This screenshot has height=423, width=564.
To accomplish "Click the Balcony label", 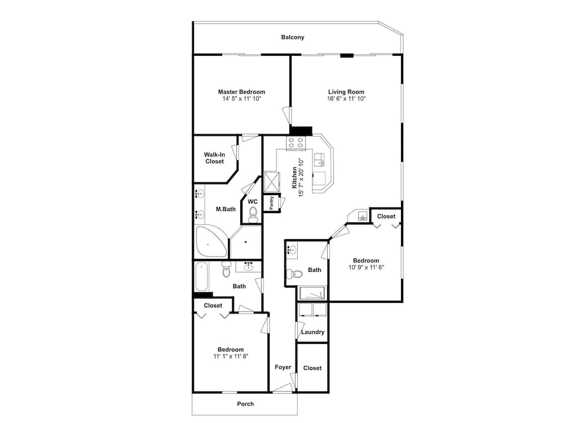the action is coord(292,37).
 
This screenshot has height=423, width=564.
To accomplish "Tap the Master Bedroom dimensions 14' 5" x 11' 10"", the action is coord(241,99).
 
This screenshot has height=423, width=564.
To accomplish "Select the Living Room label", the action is coord(346,92).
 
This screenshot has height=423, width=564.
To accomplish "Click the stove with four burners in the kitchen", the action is coord(296,143).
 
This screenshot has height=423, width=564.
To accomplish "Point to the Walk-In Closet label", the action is coord(214,158).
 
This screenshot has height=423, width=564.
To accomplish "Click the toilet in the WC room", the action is coord(253,214).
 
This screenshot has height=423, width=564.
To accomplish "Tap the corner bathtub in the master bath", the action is coord(211,241).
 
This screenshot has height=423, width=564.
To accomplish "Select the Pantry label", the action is coord(272,203).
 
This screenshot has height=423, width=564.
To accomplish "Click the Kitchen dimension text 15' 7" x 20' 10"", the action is coord(301,178).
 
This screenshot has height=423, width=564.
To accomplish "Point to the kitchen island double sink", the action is coord(319,160).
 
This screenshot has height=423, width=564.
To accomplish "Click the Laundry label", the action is coord(312,332).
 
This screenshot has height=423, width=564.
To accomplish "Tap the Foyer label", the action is coord(283,367).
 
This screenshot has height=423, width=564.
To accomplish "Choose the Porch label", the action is coord(245,404).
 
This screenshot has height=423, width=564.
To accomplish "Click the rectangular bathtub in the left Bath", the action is coord(201,276).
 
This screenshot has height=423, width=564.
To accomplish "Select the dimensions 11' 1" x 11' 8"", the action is coord(231,356).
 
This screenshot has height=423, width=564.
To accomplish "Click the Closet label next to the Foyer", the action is coord(312,368).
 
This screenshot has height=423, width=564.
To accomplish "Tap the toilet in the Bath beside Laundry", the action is coord(294,274).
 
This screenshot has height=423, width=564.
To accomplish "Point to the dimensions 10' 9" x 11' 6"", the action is coord(366,267).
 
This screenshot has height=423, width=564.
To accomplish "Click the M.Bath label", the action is coord(226,209).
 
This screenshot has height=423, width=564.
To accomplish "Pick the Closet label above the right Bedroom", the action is coord(386,216).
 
